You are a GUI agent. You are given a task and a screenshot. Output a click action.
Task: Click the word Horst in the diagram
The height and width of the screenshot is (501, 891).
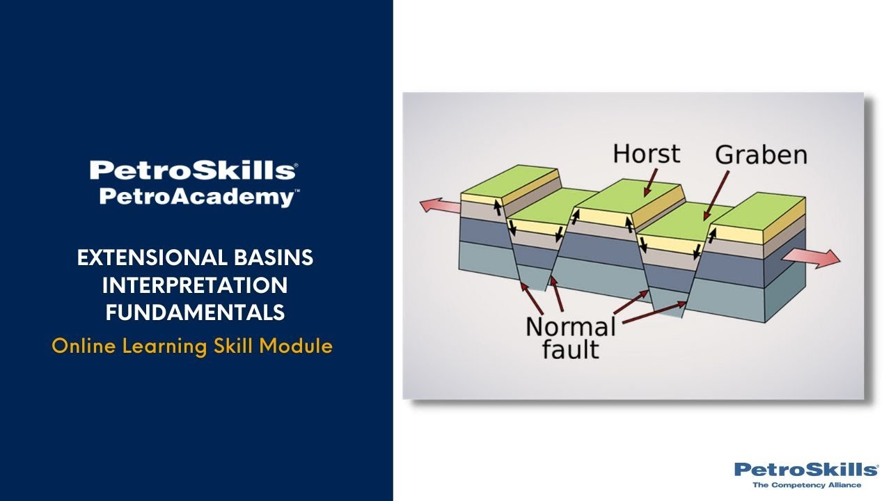[x=646, y=154]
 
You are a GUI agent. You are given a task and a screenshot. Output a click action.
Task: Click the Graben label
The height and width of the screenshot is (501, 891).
[x=761, y=154]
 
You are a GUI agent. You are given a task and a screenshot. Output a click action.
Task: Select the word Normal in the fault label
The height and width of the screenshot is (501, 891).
[x=570, y=327]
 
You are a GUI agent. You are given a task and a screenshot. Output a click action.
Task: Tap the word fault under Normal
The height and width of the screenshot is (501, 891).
[x=570, y=349]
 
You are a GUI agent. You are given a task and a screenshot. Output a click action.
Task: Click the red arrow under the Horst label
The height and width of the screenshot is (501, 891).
[x=649, y=183]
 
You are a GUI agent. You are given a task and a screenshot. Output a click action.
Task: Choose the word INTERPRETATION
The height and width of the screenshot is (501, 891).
[x=195, y=285]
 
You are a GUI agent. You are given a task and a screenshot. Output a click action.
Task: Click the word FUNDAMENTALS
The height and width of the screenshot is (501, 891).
[x=195, y=313]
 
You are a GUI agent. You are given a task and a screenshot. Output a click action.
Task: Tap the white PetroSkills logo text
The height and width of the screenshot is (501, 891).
[x=193, y=170]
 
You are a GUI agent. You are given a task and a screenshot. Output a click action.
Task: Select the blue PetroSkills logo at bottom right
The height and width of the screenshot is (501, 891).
[x=805, y=470]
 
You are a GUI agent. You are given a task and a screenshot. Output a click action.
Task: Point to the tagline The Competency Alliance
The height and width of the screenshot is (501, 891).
[x=807, y=485]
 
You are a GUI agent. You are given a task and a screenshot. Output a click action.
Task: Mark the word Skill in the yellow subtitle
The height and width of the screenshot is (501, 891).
[x=235, y=346]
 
